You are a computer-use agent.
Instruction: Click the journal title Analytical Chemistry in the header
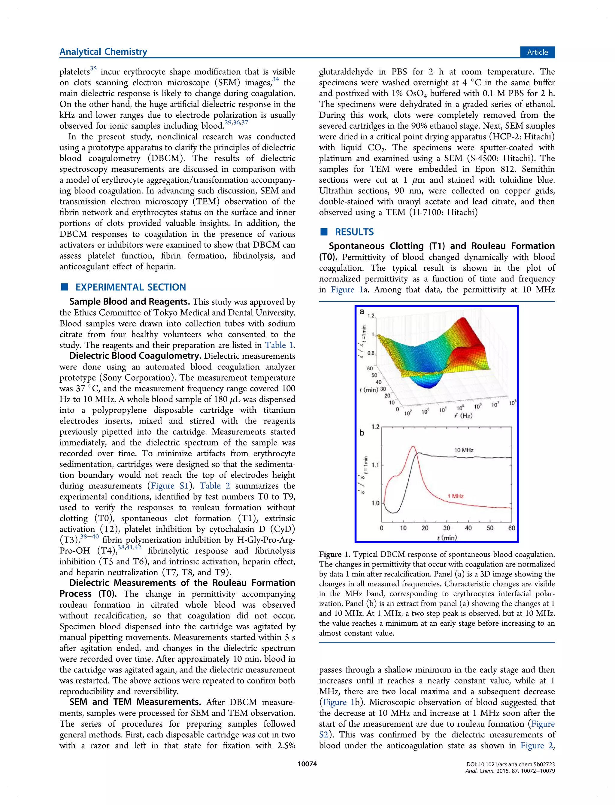[x=103, y=52]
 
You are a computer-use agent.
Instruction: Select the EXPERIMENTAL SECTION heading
[x=130, y=287]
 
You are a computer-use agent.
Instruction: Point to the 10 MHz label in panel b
[x=464, y=450]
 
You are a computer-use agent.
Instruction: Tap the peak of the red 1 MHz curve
[x=413, y=446]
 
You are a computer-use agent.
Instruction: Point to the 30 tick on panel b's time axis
[x=447, y=528]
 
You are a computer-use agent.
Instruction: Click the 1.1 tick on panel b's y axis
[x=375, y=465]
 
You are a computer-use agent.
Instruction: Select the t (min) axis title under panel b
[x=447, y=537]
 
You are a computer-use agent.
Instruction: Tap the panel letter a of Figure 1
[x=362, y=311]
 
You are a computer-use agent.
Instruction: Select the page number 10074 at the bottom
[x=307, y=764]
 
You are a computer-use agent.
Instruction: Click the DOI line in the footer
[x=510, y=764]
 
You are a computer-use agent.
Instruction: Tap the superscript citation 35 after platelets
[x=93, y=68]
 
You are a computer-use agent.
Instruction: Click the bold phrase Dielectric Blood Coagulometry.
[x=135, y=356]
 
